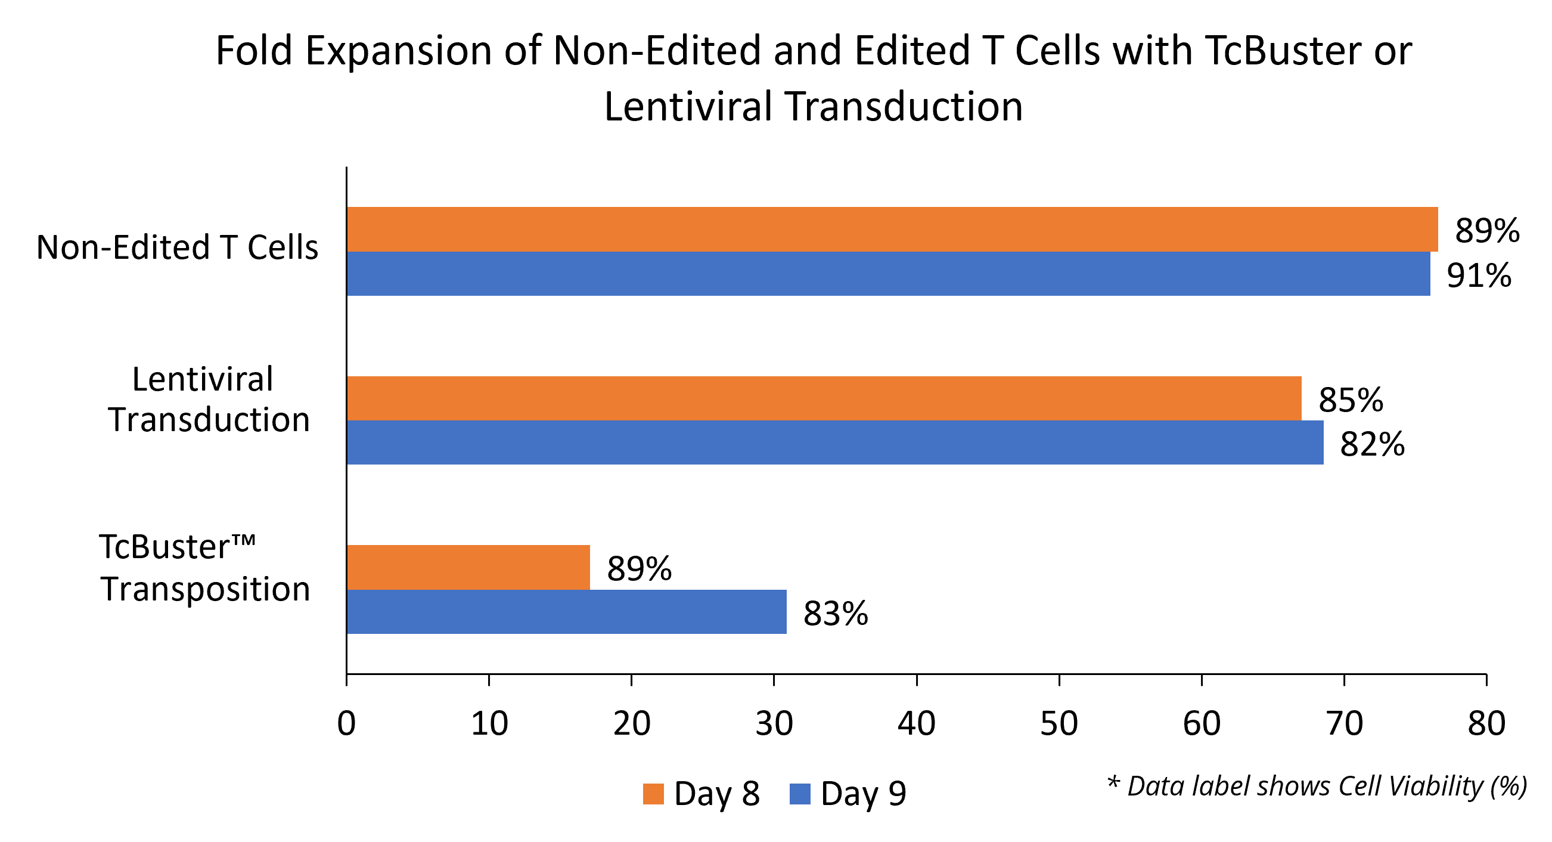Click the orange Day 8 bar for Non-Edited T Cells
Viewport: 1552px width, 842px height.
click(x=892, y=229)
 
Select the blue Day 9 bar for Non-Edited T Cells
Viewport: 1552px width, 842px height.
click(x=888, y=274)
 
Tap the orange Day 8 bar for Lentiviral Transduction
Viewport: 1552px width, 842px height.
click(x=824, y=398)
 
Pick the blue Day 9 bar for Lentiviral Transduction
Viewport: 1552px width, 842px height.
click(x=834, y=442)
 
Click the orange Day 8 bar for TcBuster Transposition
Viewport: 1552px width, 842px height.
click(x=468, y=567)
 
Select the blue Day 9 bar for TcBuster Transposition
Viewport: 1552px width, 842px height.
click(x=566, y=612)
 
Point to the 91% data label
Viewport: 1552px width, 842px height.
click(x=1479, y=275)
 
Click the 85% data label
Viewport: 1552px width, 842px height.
click(x=1350, y=400)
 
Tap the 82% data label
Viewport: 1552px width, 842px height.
click(x=1372, y=445)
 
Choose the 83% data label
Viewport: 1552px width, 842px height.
click(x=835, y=614)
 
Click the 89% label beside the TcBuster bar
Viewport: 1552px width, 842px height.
click(x=639, y=569)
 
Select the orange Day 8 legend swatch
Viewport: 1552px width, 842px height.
click(x=653, y=794)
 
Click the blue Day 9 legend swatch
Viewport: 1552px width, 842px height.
click(x=799, y=794)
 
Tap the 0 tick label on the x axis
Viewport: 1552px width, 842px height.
click(x=346, y=723)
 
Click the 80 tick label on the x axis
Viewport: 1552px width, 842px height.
click(x=1486, y=723)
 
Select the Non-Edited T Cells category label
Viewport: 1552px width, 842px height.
click(x=177, y=247)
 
